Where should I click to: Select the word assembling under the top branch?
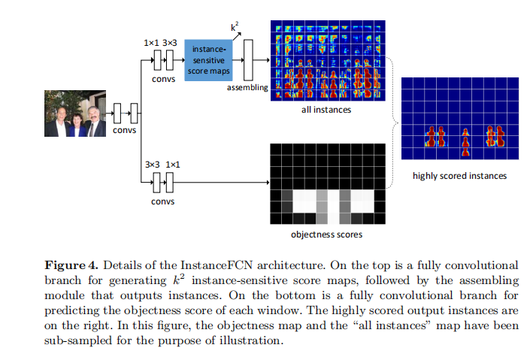coord(247,87)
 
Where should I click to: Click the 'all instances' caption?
coord(326,110)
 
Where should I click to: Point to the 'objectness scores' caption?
coord(326,234)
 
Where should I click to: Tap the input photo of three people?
coord(74,114)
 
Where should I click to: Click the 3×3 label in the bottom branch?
coord(151,163)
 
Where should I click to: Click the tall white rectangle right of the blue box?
coord(247,61)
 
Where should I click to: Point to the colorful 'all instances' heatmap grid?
coord(326,61)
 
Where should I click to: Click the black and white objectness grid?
coord(326,183)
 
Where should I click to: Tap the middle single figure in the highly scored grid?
coord(464,141)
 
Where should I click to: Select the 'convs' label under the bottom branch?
coord(162,201)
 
